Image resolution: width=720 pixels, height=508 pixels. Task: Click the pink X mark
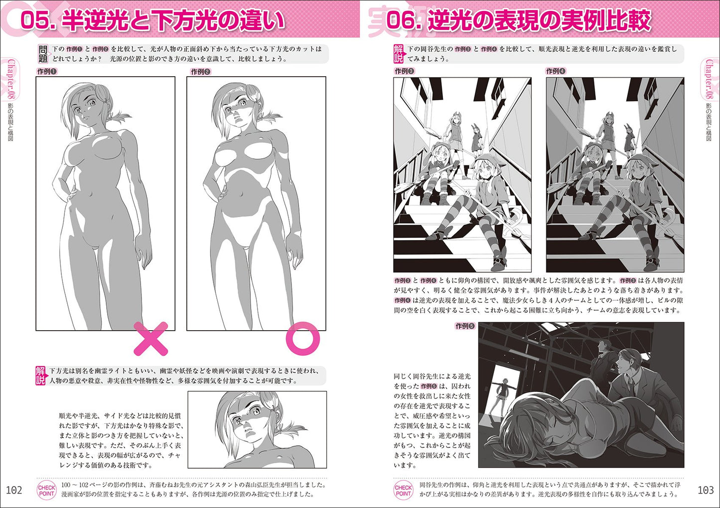coord(151,339)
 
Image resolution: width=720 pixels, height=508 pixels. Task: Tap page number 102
coord(14,490)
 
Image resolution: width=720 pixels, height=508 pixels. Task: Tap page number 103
coord(706,490)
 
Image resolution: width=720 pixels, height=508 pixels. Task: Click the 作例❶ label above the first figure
coord(47,71)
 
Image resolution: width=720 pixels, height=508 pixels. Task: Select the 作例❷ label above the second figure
coord(201,71)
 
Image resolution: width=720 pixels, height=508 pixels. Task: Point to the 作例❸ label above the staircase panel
coord(405,71)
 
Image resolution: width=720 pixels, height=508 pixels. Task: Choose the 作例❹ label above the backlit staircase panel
coord(556,71)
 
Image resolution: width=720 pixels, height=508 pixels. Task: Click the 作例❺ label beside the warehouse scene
coord(465,326)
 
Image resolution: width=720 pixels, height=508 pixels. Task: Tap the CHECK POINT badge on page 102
coord(47,490)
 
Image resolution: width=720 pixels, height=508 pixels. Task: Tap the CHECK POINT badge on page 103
coord(404,490)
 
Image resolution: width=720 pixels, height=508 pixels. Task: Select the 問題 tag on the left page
coord(43,54)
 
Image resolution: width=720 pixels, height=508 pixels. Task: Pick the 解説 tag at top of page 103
coord(399,54)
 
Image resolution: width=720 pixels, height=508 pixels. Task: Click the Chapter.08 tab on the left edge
coord(11,79)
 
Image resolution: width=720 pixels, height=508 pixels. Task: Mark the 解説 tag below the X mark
coord(40,376)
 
